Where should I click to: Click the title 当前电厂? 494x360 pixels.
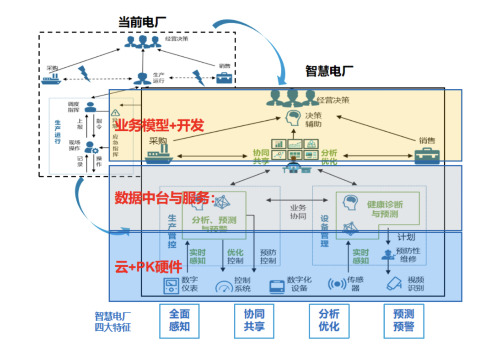(142, 21)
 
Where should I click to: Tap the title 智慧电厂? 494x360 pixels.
(329, 71)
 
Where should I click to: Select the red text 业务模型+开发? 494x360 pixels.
(159, 125)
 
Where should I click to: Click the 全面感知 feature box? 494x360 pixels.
(179, 321)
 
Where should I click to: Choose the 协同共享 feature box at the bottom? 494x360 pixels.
(253, 321)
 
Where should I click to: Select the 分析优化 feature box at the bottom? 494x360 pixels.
(329, 321)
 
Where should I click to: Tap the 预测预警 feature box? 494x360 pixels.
(403, 321)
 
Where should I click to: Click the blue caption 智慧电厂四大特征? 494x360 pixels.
(113, 322)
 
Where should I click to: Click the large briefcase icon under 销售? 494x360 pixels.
(427, 156)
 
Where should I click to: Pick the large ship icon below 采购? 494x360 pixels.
(159, 155)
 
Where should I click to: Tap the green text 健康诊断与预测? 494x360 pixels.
(385, 209)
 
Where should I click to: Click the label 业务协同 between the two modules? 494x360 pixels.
(298, 212)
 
